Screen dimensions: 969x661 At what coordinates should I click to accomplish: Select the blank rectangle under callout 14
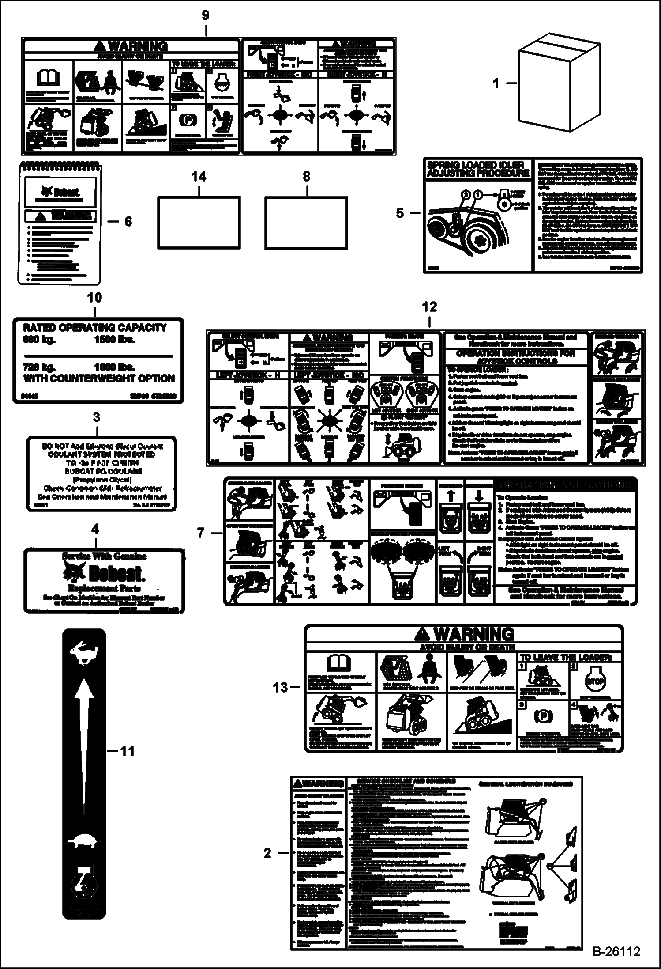[199, 222]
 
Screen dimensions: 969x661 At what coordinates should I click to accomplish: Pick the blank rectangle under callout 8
[306, 222]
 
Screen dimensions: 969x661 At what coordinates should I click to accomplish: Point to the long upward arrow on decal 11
[84, 746]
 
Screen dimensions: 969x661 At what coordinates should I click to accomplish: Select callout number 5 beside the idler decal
[400, 213]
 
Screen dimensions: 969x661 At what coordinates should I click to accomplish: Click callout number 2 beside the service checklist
[267, 853]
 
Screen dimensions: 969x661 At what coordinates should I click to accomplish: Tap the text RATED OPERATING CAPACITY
[94, 328]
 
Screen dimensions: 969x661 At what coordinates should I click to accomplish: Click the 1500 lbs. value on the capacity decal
[114, 340]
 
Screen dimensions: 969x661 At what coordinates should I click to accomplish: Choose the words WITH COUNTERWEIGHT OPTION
[99, 379]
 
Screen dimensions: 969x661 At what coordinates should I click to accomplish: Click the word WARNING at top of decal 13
[473, 634]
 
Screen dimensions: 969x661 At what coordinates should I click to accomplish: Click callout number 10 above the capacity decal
[94, 298]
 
